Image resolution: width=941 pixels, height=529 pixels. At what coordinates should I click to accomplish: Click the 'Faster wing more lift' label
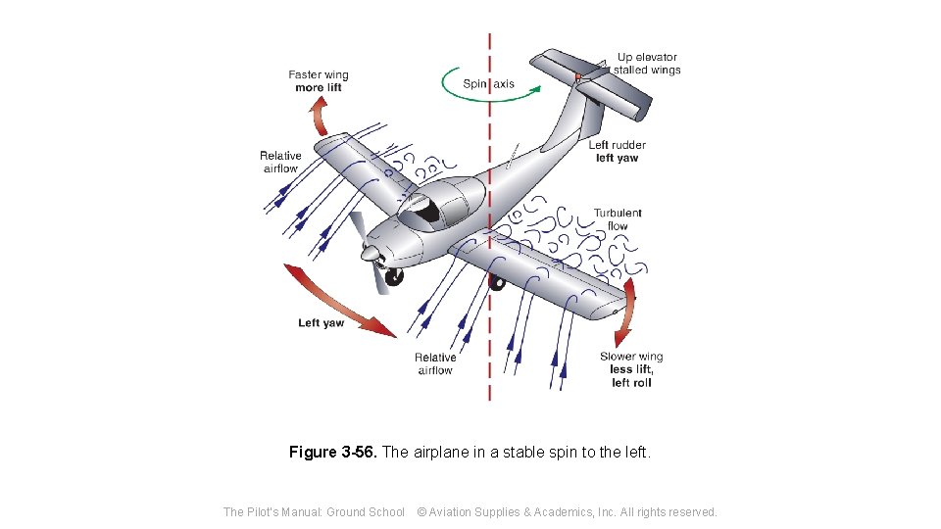point(319,81)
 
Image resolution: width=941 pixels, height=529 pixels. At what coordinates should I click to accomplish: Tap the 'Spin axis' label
point(488,84)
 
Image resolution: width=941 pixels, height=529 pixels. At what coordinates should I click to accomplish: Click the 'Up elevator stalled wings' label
point(647,64)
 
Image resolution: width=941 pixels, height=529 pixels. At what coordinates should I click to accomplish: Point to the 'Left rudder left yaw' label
point(617,152)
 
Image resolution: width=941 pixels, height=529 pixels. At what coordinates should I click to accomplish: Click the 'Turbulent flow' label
point(617,219)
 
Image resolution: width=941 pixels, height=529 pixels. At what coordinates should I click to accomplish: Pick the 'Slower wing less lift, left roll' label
point(631,369)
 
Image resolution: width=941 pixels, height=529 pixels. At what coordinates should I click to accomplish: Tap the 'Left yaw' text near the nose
point(322,323)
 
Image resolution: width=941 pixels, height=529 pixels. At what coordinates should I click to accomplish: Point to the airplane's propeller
point(370,255)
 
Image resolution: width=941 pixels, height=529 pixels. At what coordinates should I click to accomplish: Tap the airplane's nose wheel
point(394,278)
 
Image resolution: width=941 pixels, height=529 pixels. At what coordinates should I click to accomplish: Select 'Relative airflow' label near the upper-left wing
point(280,162)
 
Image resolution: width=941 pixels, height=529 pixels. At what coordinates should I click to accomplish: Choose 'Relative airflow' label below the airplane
point(435,364)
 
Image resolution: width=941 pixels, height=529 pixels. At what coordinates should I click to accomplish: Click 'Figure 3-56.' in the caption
point(332,453)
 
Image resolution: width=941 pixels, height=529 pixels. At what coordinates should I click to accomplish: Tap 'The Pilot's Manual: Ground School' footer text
point(314,512)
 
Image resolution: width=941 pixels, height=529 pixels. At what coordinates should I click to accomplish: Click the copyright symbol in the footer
point(421,512)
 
